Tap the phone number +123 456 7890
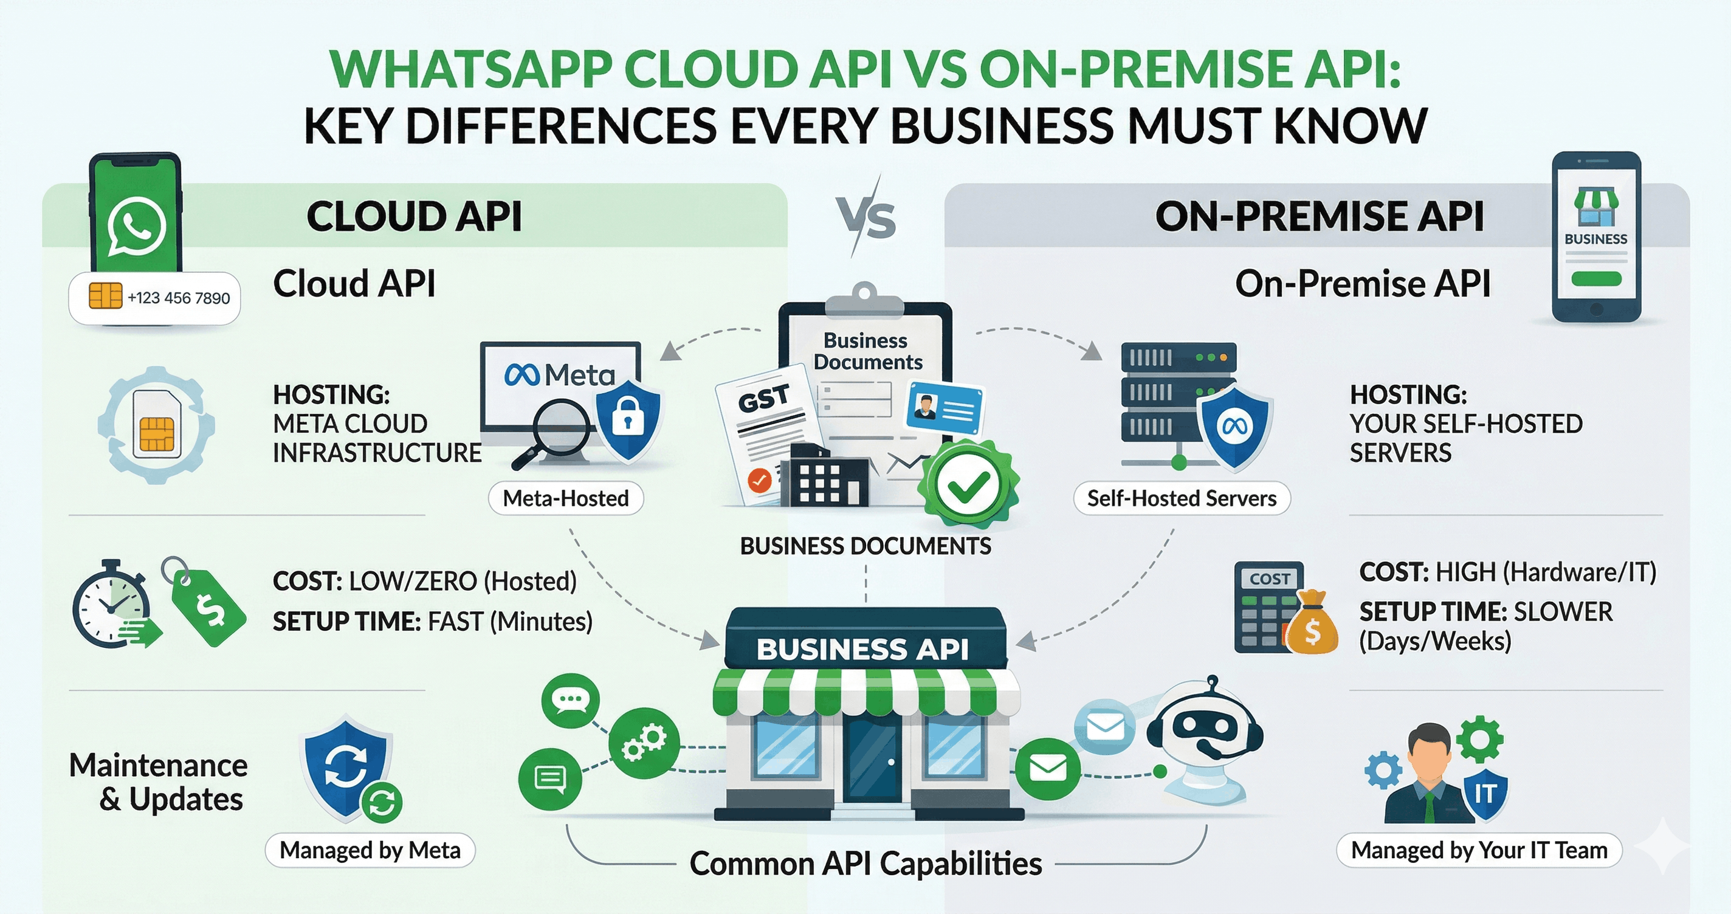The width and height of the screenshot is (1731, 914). click(x=178, y=298)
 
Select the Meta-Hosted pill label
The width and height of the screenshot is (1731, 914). click(x=566, y=498)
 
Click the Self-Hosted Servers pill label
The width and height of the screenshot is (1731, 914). click(x=1182, y=498)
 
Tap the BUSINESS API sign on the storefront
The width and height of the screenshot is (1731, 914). click(x=863, y=648)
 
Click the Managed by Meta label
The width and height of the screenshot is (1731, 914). click(x=370, y=850)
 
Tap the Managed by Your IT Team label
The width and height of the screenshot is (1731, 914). click(x=1479, y=850)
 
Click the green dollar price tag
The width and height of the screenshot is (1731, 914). click(x=208, y=608)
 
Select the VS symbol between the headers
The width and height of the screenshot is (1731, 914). click(x=866, y=217)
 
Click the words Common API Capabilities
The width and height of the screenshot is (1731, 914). click(x=865, y=864)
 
